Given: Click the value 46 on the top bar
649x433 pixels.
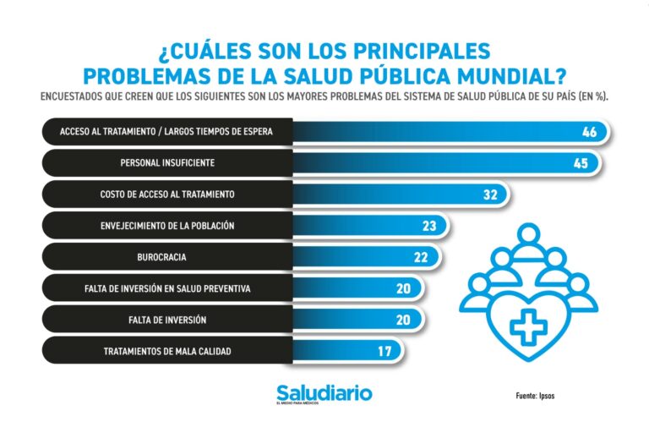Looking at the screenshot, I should (590, 132).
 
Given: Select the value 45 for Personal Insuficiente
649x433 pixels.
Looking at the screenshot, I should (580, 163).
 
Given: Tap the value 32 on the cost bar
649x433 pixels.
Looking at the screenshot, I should (490, 195).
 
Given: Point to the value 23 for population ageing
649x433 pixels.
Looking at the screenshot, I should (429, 226).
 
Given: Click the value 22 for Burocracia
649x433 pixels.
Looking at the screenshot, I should (420, 257).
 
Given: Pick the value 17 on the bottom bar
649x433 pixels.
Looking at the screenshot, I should (384, 351).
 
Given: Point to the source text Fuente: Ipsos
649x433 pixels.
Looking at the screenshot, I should (535, 396).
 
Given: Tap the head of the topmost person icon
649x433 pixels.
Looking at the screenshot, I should (528, 234).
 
